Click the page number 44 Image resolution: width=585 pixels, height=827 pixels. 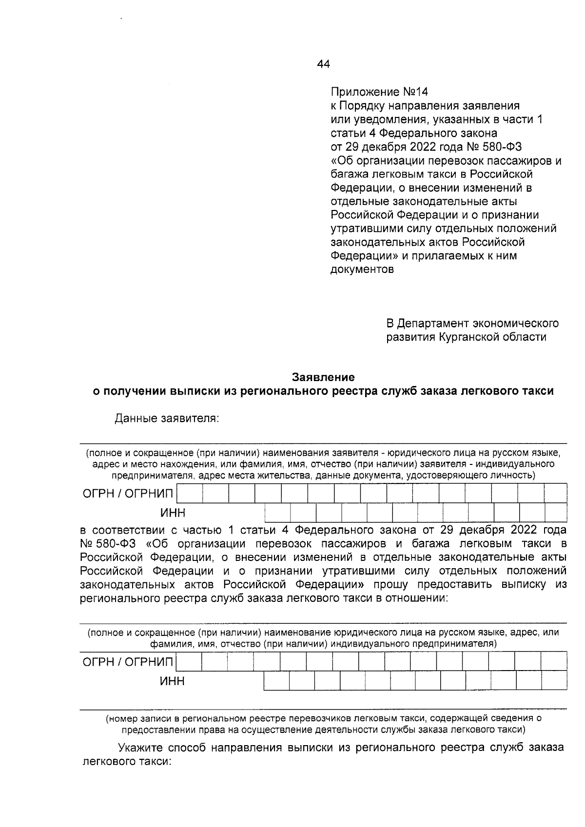(x=323, y=64)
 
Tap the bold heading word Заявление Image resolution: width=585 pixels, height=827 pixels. (x=323, y=377)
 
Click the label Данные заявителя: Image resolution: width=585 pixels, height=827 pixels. (x=166, y=419)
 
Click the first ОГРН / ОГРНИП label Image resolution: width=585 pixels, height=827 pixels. (x=128, y=494)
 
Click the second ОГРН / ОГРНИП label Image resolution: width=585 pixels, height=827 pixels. (x=128, y=662)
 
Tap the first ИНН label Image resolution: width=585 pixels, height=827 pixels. (x=173, y=513)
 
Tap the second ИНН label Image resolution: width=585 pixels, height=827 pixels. (x=173, y=681)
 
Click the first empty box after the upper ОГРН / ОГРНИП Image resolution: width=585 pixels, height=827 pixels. (x=190, y=494)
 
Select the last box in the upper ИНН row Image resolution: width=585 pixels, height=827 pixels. (x=556, y=513)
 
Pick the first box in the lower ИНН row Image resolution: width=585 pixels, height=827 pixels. (x=276, y=681)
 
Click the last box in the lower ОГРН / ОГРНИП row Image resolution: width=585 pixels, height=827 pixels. (x=554, y=662)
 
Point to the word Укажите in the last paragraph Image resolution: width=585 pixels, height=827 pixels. (x=139, y=748)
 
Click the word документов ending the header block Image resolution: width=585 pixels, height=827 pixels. (x=362, y=269)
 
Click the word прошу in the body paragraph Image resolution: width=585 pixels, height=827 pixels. (x=390, y=584)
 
